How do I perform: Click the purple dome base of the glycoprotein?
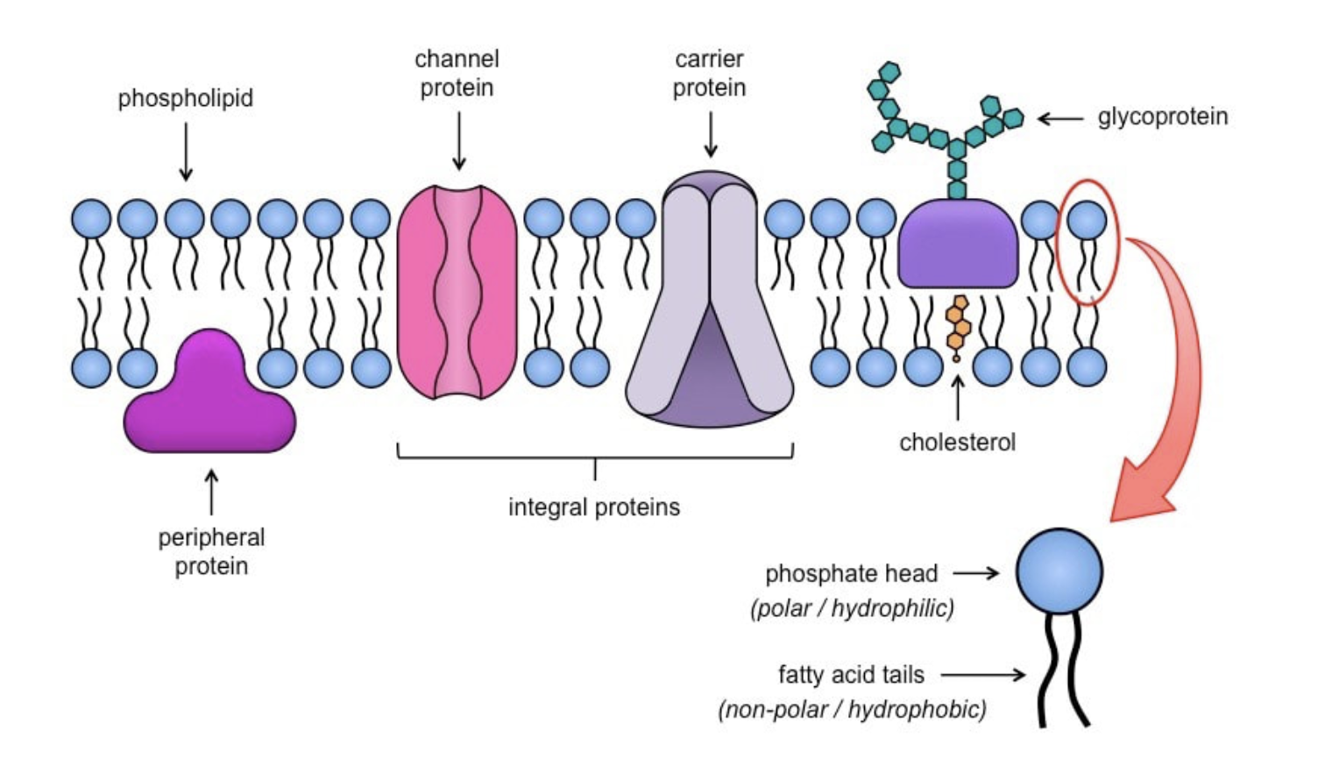[958, 246]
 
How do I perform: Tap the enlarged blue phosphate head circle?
[1059, 571]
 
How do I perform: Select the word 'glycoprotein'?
[1162, 117]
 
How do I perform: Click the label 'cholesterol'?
[957, 442]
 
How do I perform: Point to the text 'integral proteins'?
[594, 507]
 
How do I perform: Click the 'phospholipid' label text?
[186, 98]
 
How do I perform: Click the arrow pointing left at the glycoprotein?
[1060, 117]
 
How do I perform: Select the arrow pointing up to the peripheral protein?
[210, 492]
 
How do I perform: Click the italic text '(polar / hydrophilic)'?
[852, 607]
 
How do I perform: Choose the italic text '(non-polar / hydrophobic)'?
[852, 708]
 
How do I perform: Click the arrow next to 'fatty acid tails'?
[982, 675]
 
